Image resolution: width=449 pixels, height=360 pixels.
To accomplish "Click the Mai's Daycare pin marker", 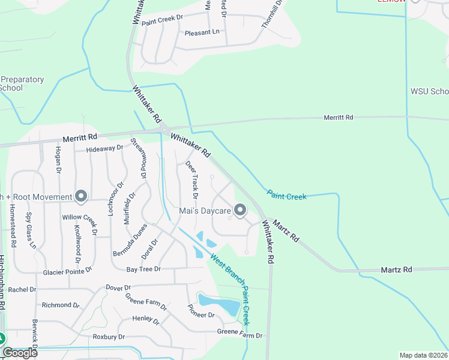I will (240, 210).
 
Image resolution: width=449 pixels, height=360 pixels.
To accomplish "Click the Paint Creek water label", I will (287, 196).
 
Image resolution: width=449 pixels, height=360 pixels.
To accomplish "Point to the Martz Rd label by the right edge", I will (397, 270).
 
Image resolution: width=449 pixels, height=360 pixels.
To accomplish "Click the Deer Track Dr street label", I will (192, 179).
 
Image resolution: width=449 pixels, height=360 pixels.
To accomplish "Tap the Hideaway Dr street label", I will (104, 148).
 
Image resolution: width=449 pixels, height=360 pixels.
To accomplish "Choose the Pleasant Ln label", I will (202, 32).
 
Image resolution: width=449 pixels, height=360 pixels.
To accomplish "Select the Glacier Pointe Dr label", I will (67, 272).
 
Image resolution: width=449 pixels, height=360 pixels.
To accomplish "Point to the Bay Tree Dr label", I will (143, 269).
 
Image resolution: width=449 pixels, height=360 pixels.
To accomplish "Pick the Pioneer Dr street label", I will (201, 314).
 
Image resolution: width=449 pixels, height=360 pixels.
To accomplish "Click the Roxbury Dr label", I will (109, 337).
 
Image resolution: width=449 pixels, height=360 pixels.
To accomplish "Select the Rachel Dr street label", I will (22, 289).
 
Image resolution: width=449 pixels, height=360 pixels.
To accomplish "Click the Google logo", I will (20, 352).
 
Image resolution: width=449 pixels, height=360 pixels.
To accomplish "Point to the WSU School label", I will (429, 91).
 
